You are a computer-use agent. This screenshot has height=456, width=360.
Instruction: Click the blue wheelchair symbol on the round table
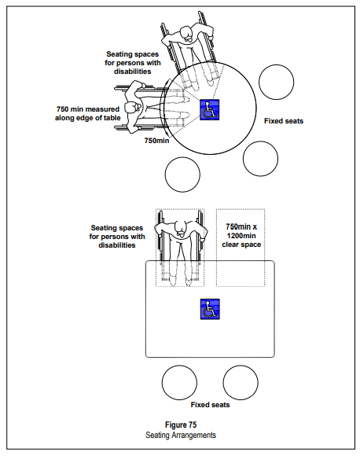coord(209,109)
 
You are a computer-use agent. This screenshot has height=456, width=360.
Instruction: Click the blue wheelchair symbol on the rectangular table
coord(210,309)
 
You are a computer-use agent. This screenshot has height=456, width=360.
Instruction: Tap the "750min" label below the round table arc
coord(156,141)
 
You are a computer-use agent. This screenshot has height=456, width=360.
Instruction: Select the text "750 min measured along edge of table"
coord(88,113)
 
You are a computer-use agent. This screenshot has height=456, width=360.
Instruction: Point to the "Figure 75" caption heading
coord(181,425)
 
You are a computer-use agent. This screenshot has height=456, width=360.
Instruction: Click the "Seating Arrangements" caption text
coord(181,435)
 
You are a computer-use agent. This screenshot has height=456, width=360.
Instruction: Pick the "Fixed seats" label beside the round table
coord(284,121)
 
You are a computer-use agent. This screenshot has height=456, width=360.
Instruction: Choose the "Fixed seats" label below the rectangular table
coord(210,405)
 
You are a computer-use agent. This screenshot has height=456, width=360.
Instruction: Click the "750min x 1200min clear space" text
coord(241,236)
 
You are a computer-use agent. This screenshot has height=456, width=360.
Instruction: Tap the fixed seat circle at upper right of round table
coord(276,82)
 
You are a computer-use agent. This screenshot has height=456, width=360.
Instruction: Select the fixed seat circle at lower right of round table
coord(260,159)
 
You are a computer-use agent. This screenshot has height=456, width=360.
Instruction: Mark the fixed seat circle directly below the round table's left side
coord(182,175)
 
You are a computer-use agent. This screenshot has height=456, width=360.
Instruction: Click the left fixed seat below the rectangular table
coord(179,383)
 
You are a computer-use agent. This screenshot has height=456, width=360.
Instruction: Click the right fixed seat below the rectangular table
coord(241,383)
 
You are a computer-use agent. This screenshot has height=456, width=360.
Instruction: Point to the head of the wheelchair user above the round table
coord(187,34)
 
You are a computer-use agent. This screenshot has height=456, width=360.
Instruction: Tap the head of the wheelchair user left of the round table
coord(132,108)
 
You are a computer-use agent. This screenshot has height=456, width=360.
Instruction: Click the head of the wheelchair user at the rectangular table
coord(181,228)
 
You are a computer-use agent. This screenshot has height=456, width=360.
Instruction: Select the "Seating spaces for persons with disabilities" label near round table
coord(133,63)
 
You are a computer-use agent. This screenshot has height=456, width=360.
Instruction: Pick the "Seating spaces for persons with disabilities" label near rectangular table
coord(117,237)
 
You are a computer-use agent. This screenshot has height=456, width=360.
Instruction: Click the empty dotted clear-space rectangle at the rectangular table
coord(241,248)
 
